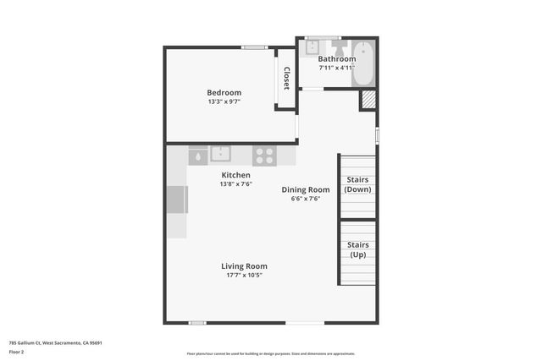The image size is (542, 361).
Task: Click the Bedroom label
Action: pos(224,92)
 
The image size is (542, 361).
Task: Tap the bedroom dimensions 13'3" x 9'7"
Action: pos(224,101)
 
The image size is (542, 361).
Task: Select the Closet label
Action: pos(286,78)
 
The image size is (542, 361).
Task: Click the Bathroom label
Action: pos(336,58)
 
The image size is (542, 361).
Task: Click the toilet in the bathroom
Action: pos(336,46)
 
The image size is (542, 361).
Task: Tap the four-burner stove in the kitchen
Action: pos(265,156)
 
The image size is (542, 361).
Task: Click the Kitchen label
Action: pos(235,175)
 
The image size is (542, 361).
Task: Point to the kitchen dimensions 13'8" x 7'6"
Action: pos(235,184)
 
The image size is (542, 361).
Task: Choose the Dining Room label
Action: pos(306,189)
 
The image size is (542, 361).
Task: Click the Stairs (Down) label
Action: pos(357,184)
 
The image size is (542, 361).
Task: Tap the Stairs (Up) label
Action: pos(357,249)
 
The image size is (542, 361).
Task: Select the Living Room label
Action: pos(244,266)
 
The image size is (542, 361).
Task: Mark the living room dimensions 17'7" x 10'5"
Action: pos(244,276)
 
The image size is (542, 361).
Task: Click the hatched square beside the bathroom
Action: pos(368,100)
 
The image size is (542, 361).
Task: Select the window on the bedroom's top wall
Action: pos(254,47)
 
